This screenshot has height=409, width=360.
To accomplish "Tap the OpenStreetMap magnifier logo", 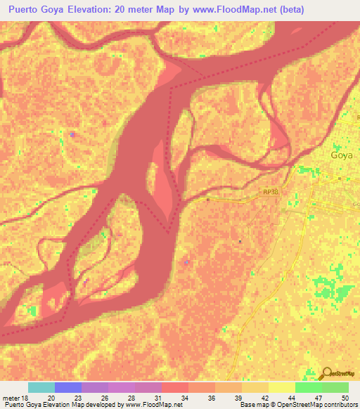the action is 326,375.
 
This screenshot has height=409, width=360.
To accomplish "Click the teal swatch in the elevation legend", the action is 41,387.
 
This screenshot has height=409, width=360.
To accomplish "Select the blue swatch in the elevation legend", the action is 68,387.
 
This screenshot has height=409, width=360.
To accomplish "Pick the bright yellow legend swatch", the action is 282,387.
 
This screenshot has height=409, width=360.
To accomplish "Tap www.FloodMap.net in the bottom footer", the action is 148,405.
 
